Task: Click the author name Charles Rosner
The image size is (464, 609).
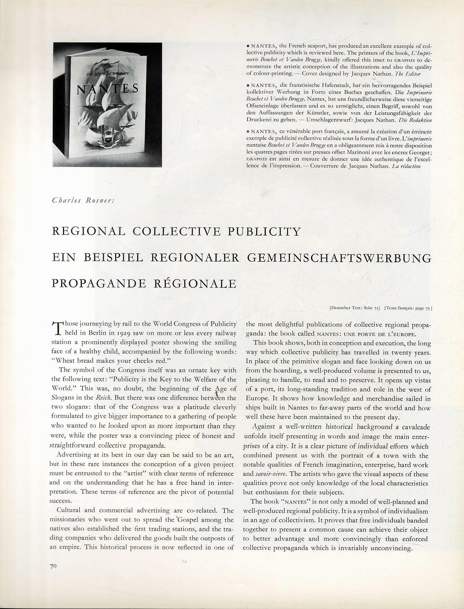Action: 80,200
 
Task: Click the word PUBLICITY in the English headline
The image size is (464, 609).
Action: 264,231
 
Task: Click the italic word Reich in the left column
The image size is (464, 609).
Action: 103,398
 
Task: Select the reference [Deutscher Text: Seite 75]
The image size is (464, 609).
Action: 355,307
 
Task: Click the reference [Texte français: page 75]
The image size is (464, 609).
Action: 408,307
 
